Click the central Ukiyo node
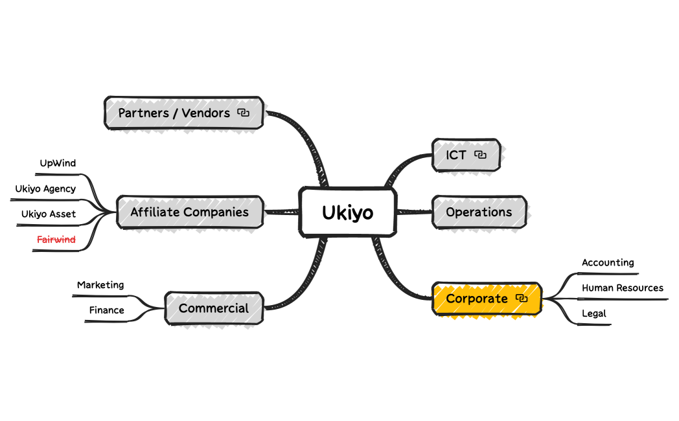[347, 212]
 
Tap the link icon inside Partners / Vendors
[243, 113]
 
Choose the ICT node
[456, 155]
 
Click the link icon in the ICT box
[480, 155]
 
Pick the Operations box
[479, 212]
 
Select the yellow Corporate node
[477, 299]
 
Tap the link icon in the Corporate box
[522, 298]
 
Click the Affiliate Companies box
[189, 212]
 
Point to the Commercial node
[214, 308]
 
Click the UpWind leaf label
[58, 163]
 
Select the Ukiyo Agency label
[45, 189]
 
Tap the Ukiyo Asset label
[49, 214]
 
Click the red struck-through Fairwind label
[56, 240]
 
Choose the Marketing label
[100, 285]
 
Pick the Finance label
[107, 310]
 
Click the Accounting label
[608, 263]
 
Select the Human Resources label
[623, 288]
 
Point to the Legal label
[594, 313]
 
